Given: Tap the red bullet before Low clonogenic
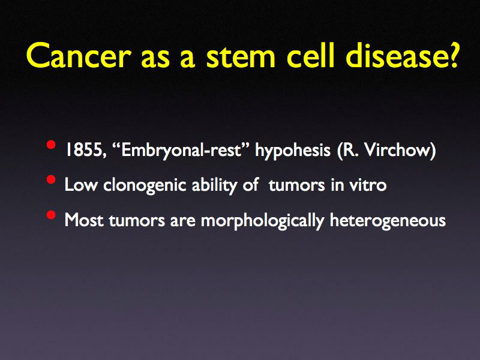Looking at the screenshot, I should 52,181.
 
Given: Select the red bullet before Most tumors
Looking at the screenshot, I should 52,216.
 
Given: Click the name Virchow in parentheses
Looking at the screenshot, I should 400,150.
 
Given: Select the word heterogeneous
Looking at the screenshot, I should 388,221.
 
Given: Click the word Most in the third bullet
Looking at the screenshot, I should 80,220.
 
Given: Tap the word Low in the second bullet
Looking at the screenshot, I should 76,185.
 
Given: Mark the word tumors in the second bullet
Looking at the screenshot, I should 292,185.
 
